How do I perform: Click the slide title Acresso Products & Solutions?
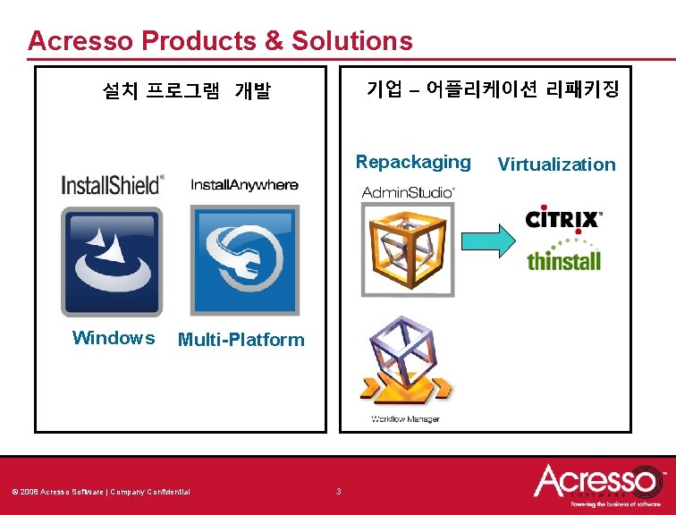point(220,41)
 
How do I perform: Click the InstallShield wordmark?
point(113,185)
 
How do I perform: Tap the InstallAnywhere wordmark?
point(244,185)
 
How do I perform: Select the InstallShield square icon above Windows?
point(112,261)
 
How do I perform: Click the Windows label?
point(113,338)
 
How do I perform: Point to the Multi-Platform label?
point(241,340)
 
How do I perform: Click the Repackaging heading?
point(412,162)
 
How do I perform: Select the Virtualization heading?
point(556,165)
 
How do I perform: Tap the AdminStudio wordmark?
point(408,191)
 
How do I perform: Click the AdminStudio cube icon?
point(407,249)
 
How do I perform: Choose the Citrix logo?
point(563,219)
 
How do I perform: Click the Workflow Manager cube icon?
point(405,362)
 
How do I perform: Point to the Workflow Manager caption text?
point(405,419)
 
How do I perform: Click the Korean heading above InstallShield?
point(186,91)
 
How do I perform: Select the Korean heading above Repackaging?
point(492,89)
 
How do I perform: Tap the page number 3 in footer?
point(338,491)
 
